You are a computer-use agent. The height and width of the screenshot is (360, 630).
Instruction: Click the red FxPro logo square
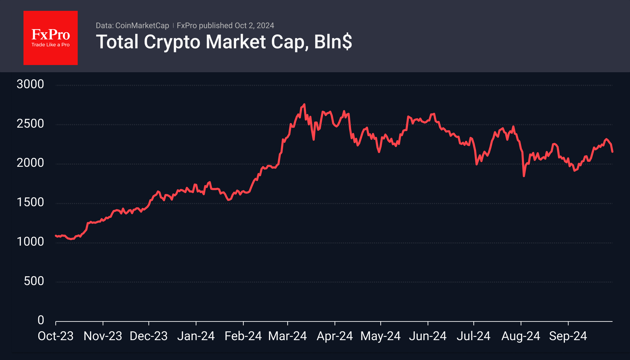(51, 38)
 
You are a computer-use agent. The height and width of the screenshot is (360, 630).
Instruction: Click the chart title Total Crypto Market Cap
(202, 42)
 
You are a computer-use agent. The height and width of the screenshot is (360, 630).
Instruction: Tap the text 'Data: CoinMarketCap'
(132, 26)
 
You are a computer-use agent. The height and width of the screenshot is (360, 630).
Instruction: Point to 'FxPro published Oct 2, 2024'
(225, 26)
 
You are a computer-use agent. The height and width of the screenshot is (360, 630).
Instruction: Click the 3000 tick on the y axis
(30, 84)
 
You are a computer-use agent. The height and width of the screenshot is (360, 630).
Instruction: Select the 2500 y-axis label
(30, 124)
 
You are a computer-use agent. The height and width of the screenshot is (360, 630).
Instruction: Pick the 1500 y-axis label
(30, 202)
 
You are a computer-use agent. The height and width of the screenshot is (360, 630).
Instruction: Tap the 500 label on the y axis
(34, 281)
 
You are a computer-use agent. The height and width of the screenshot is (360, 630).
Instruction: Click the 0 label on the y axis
(41, 320)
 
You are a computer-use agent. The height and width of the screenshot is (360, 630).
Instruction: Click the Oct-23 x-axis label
(55, 336)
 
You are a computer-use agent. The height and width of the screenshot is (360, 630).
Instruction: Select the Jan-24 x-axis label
(196, 336)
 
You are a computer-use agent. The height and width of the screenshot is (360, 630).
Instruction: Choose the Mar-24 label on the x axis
(287, 336)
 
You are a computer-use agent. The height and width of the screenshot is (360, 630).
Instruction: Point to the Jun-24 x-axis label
(428, 336)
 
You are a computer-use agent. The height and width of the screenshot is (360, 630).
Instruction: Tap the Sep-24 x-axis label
(568, 336)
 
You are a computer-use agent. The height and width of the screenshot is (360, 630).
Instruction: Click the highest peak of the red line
(304, 104)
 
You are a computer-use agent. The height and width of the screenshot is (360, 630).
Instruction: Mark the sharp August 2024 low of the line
(524, 176)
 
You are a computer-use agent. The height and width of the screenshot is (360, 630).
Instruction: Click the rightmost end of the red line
(612, 152)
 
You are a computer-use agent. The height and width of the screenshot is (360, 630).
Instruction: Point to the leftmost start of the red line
(56, 236)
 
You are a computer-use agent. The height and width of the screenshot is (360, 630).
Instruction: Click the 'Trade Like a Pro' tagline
(51, 45)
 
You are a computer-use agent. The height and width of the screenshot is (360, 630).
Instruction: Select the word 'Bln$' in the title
(333, 42)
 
